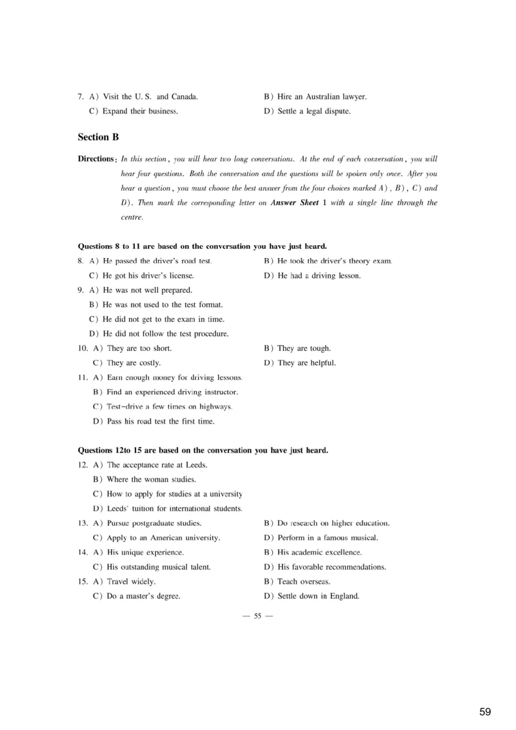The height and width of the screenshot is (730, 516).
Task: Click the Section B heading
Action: pyautogui.click(x=98, y=137)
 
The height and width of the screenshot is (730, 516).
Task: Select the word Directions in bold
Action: pyautogui.click(x=96, y=159)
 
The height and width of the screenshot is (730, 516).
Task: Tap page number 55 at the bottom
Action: pyautogui.click(x=257, y=616)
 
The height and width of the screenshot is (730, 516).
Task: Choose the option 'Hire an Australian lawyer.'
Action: pyautogui.click(x=322, y=97)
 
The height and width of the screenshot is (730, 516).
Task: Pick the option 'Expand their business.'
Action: pyautogui.click(x=140, y=111)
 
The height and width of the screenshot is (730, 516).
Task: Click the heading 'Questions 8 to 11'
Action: pyautogui.click(x=202, y=246)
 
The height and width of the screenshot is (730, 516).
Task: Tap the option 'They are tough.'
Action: pyautogui.click(x=304, y=348)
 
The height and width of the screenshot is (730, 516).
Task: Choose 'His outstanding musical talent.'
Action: pyautogui.click(x=159, y=567)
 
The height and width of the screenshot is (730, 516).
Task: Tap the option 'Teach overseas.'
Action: pyautogui.click(x=304, y=582)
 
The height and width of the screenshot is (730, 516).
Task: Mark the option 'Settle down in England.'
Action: pyautogui.click(x=318, y=596)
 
